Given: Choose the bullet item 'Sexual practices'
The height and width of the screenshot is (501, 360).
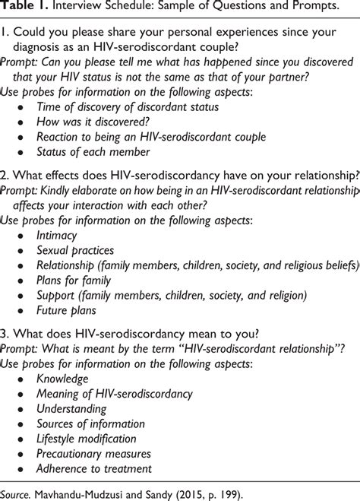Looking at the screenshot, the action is (75, 251).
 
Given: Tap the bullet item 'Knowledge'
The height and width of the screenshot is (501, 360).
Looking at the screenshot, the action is (63, 378).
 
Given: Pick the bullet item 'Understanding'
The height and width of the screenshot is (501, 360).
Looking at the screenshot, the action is (73, 410).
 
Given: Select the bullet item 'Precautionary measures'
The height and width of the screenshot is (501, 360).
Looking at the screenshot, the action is (92, 455).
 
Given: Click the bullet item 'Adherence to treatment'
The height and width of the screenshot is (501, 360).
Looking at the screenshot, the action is (94, 469).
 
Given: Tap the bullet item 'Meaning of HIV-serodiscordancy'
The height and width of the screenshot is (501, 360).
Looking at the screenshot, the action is (115, 394).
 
